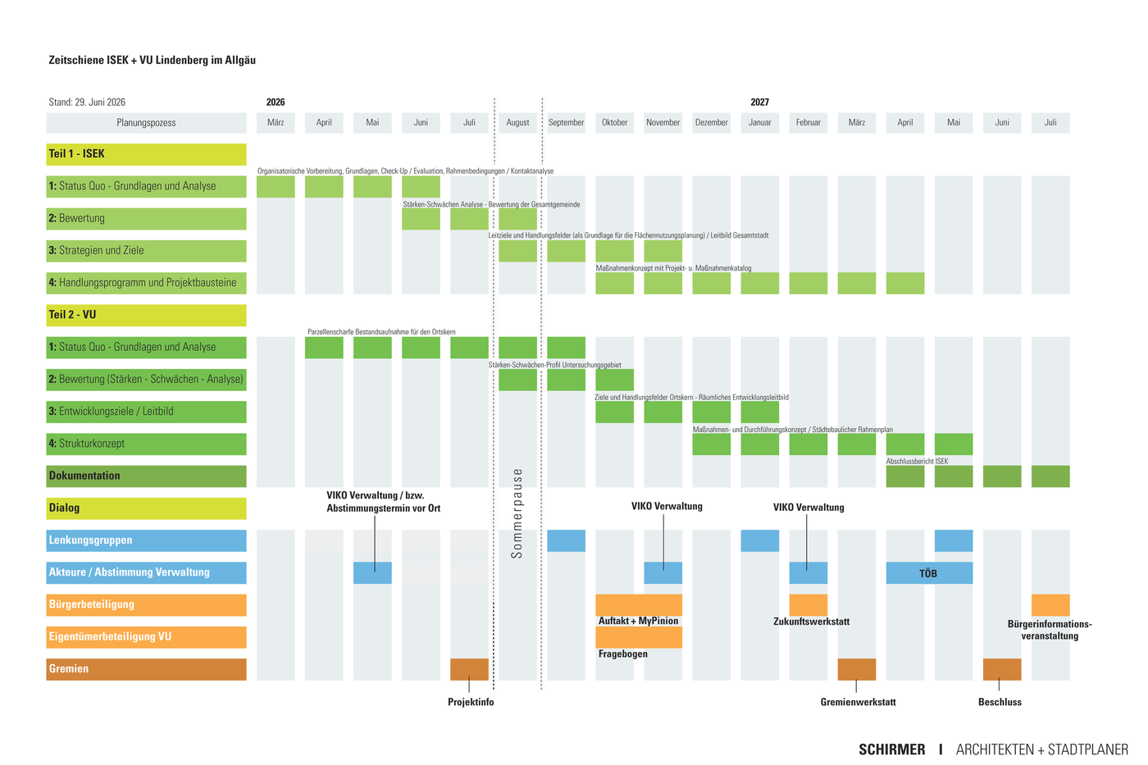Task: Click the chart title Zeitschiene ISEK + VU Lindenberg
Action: coord(152,60)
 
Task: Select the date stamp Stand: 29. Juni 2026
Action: coord(87,102)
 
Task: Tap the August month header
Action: coord(517,122)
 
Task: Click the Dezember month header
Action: coord(712,122)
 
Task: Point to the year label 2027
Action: coord(759,102)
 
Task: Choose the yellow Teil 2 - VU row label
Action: coord(146,315)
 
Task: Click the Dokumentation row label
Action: coord(146,476)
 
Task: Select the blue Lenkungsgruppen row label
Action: coord(146,540)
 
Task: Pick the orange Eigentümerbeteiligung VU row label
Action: coord(146,637)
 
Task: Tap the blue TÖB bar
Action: coord(929,573)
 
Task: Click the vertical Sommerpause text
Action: coord(517,513)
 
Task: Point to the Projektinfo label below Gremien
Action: coord(471,702)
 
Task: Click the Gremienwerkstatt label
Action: coord(858,702)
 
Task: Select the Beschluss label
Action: coord(1000,702)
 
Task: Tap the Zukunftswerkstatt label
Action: coord(811,622)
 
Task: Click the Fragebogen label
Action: coord(622,653)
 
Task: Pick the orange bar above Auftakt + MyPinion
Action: coord(639,605)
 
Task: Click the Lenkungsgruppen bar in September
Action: coord(566,540)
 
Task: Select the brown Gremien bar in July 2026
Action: coord(469,669)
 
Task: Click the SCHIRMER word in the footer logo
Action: coord(892,749)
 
